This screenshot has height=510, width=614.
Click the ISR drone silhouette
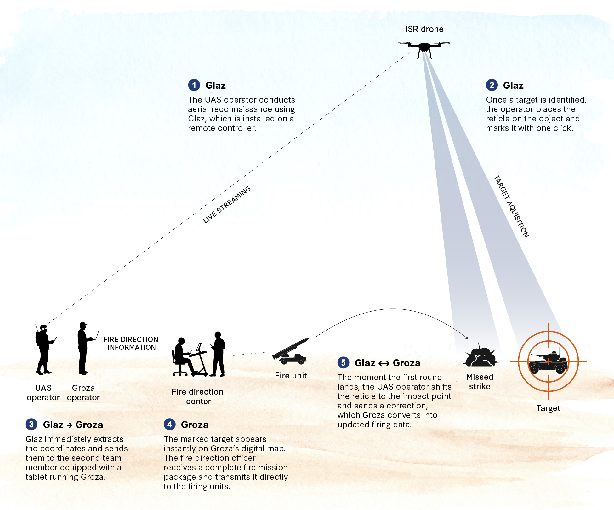coord(424,48)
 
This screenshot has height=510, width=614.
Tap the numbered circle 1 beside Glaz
coord(194,85)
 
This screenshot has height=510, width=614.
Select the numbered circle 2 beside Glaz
coord(492,85)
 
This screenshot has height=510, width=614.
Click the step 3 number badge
coord(31,425)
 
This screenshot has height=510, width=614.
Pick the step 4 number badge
coord(170,425)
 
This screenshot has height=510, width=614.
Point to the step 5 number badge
coord(343,363)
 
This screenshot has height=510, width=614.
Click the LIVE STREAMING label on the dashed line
coord(227,205)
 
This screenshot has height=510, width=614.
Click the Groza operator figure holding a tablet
coord(84,348)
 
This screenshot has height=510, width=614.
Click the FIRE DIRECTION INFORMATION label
coord(131,343)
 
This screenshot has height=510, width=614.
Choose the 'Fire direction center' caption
coord(198,396)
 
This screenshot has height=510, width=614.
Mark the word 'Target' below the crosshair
coord(548,408)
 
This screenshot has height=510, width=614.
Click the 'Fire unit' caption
coord(291,376)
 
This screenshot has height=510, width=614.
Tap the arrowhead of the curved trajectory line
coord(467,338)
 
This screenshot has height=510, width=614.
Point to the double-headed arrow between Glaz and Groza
coord(384,364)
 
